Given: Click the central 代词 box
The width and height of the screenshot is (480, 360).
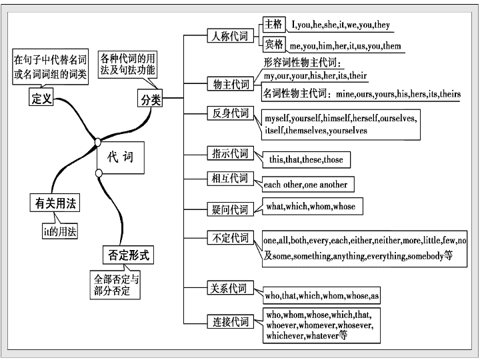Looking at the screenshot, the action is pos(121,157).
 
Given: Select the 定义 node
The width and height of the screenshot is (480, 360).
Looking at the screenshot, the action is pos(41,97).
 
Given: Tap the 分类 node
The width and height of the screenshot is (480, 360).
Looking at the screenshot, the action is pos(150,98).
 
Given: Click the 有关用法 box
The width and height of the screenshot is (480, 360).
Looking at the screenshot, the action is pos(55,203).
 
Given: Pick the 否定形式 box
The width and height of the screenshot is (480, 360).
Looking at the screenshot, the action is pos(128,255).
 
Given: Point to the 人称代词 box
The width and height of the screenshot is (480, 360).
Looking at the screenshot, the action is pos(231,36).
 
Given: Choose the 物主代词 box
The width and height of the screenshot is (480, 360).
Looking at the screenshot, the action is pos(231,83).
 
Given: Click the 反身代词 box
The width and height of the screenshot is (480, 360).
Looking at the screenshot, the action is pos(231,113).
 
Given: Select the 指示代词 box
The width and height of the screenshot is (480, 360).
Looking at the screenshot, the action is pos(231,153).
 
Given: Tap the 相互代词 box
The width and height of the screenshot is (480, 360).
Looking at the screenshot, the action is pos(231,178).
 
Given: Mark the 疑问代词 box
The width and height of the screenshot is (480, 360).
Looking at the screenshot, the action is pos(231,209).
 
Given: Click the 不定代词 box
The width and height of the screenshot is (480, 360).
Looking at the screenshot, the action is pos(231,237).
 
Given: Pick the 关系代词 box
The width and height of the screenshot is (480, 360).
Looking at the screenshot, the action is pos(231,288).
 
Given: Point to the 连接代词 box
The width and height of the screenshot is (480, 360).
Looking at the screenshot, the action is pos(231,321).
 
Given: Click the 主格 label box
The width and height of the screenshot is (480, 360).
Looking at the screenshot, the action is pos(274,25).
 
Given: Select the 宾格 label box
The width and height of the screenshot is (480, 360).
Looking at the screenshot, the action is pos(274,45).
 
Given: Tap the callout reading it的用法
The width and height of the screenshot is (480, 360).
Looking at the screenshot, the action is pos(60,231).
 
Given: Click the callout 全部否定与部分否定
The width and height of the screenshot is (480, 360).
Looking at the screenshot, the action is pos(115,285).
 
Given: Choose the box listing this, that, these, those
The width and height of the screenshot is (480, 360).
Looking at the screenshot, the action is pos(306,159).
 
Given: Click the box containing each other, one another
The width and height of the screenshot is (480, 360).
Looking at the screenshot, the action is pos(308,184).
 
